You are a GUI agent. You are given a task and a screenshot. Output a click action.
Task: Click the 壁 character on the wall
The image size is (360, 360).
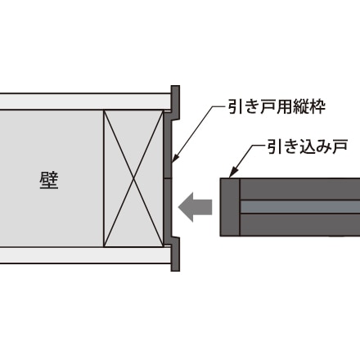pyautogui.click(x=49, y=180)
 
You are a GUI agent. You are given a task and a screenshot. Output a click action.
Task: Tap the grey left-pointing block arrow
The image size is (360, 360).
pyautogui.click(x=196, y=207)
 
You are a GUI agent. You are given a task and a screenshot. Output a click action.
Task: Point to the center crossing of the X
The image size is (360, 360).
pyautogui.click(x=133, y=178)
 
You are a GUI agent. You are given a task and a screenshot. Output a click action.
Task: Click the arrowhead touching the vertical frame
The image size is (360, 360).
pyautogui.click(x=175, y=159)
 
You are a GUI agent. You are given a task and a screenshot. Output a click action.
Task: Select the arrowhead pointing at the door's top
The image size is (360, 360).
pyautogui.click(x=232, y=173)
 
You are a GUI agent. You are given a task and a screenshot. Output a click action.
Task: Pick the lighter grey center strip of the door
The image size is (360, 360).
pyautogui.click(x=300, y=207)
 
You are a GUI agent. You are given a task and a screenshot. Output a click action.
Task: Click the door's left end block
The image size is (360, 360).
pyautogui.click(x=230, y=207)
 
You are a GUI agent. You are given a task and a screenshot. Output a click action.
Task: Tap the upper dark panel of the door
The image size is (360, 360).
pyautogui.click(x=300, y=189)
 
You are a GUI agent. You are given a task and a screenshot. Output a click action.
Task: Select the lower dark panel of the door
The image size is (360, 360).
pyautogui.click(x=300, y=225)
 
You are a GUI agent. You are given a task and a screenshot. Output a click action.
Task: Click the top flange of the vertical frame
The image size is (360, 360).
pyautogui.click(x=175, y=101)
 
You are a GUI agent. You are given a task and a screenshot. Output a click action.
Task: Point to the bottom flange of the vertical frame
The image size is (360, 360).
pyautogui.click(x=175, y=254)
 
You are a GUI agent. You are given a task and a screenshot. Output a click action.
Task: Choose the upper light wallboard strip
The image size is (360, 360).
pyautogui.click(x=85, y=101)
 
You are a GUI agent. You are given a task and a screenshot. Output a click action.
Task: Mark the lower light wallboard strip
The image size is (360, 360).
pyautogui.click(x=85, y=255)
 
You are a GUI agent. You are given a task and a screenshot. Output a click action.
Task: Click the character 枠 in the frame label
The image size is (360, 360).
pyautogui.click(x=317, y=106)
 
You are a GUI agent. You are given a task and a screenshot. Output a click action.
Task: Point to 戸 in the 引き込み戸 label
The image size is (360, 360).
pyautogui.click(x=340, y=146)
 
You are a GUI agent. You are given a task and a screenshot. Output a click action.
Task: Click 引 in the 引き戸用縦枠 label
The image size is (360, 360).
pyautogui.click(x=236, y=106)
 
